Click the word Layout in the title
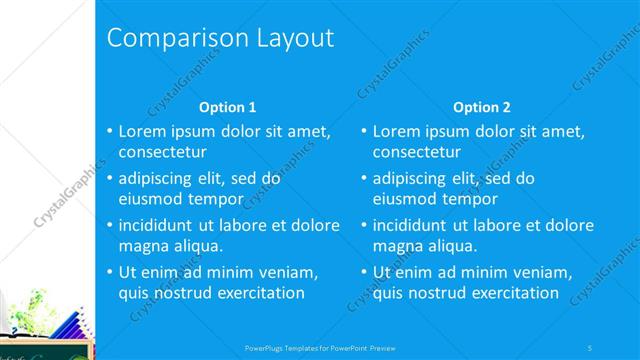(x=287, y=39)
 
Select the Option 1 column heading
(x=228, y=107)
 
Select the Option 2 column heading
(x=481, y=107)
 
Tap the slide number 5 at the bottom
(x=590, y=347)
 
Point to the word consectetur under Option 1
(x=163, y=152)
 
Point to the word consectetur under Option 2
(x=417, y=152)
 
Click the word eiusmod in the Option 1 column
(x=150, y=198)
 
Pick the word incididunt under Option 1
(x=160, y=225)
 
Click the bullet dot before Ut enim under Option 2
(x=364, y=272)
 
